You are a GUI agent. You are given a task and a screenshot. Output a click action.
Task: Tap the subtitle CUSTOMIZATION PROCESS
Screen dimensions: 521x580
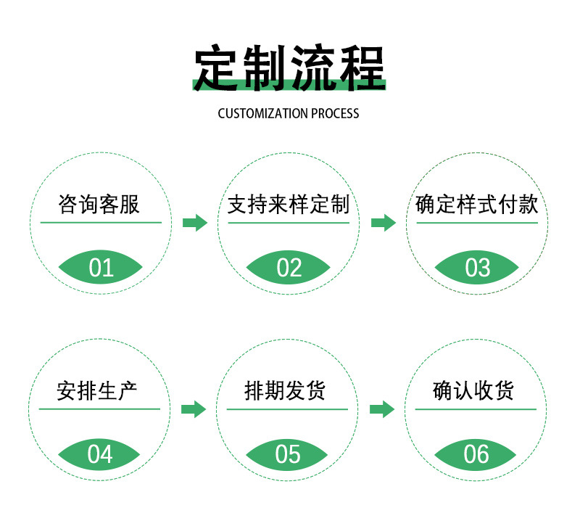tap(289, 113)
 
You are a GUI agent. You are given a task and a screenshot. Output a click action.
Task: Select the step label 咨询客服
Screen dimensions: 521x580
tap(99, 205)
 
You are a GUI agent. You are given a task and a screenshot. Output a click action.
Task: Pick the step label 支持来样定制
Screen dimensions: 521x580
tap(289, 205)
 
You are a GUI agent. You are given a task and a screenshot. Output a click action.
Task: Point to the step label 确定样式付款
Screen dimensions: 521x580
tap(477, 205)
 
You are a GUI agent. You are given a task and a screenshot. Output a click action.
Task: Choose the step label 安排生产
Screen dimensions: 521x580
tap(97, 391)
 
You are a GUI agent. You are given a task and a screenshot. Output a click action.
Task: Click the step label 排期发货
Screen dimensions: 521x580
tap(286, 391)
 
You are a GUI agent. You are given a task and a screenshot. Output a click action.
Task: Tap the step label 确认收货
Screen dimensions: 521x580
tap(474, 391)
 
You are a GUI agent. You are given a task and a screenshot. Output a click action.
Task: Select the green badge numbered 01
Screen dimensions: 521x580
tap(101, 268)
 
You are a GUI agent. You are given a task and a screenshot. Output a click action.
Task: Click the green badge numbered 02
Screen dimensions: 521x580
tap(289, 268)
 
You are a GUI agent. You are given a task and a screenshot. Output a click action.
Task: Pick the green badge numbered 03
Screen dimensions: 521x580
tap(477, 268)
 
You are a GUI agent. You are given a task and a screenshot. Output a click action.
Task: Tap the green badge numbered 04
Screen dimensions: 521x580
tap(100, 454)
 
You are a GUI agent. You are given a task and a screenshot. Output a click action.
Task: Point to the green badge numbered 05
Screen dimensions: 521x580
tap(288, 454)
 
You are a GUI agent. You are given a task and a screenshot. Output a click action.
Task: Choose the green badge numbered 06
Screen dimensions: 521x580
tap(476, 454)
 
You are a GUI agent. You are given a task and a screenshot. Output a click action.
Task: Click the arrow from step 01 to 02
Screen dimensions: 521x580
tap(194, 223)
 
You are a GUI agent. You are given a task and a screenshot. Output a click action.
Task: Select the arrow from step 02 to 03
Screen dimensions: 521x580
tap(383, 223)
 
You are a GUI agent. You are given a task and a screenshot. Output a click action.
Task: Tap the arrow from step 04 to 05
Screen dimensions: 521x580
tap(194, 409)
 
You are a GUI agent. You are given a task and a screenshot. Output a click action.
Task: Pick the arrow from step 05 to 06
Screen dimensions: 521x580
tap(382, 409)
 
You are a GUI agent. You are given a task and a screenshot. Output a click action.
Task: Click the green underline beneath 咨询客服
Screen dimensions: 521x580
tap(101, 222)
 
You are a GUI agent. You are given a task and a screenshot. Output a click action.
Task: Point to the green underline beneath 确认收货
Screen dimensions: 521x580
tap(476, 409)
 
